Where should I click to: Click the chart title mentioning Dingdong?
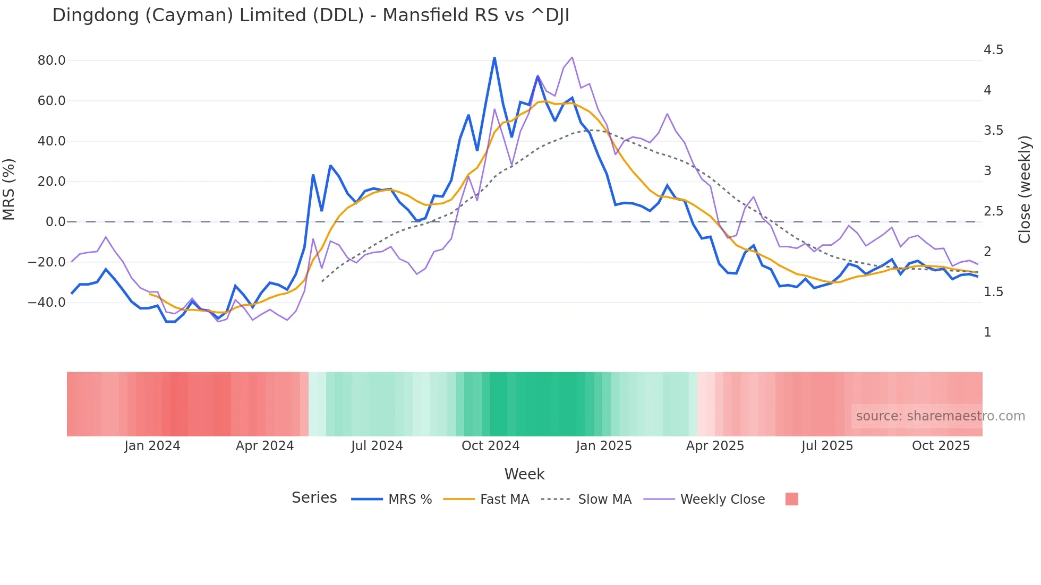coord(311,15)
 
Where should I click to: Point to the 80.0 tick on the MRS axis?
coord(52,61)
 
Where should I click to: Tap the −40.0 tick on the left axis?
coord(47,303)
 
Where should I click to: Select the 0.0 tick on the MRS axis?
coord(55,222)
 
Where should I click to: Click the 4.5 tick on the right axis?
coord(993,50)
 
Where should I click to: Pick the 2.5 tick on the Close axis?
coord(993,211)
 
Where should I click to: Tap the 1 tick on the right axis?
coord(987,332)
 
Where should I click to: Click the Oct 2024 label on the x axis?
coord(490,446)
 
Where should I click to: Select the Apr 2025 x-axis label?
coord(715,446)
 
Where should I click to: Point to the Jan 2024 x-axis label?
coord(152,446)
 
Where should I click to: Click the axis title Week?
coord(524,474)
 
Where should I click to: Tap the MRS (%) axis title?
coord(9,190)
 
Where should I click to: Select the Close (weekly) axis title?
coord(1025,190)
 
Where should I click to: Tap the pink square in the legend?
coord(791,499)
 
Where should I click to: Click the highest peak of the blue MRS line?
coord(494,58)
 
